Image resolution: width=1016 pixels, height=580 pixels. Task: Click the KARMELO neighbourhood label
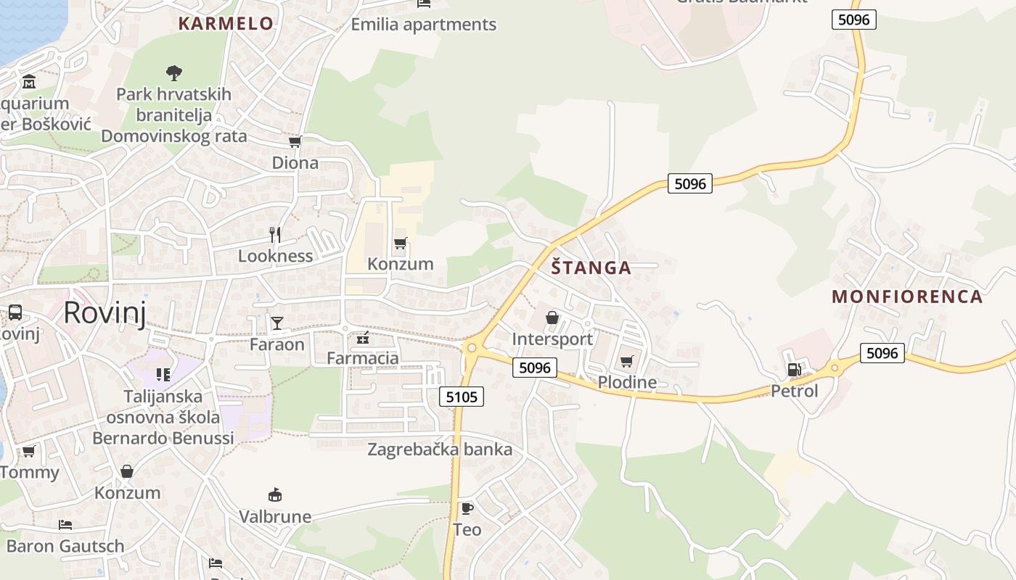tap(226, 23)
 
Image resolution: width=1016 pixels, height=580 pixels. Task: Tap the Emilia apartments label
tap(423, 24)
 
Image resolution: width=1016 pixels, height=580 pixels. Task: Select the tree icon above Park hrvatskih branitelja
tap(173, 72)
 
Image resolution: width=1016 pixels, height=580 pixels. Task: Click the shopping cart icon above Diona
tap(295, 141)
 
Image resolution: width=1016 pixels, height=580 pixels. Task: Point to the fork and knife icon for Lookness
tap(275, 234)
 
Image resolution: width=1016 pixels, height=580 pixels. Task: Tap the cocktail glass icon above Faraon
tap(276, 323)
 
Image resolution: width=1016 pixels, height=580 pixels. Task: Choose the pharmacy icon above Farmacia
tap(363, 337)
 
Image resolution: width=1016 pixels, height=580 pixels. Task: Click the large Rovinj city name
tap(105, 312)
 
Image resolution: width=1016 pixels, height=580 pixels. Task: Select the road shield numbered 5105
tap(462, 397)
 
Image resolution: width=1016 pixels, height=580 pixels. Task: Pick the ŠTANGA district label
tap(591, 268)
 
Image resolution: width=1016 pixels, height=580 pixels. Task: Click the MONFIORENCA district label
tap(907, 296)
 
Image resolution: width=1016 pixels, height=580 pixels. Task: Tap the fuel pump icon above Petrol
tap(794, 370)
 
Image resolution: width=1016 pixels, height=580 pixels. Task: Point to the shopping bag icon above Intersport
tap(552, 318)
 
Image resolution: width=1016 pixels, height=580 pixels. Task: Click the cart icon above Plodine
tap(627, 361)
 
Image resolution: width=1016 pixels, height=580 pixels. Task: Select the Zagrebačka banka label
tap(440, 449)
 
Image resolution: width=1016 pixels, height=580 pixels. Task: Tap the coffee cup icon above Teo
tap(467, 508)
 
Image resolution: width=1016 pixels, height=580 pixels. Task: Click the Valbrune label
tap(275, 517)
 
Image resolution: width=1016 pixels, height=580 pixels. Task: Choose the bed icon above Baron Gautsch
tap(65, 524)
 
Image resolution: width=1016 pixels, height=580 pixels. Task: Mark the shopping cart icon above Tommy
tap(29, 451)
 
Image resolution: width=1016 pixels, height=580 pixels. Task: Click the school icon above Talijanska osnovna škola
tap(163, 375)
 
